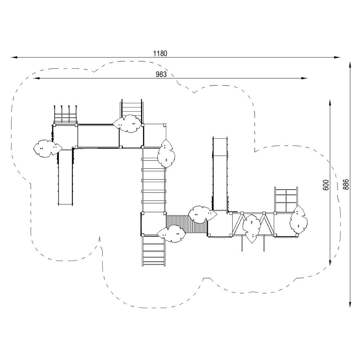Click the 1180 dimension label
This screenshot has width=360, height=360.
point(160,54)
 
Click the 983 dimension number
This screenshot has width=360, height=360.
point(161,74)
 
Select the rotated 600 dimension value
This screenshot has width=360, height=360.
point(325,185)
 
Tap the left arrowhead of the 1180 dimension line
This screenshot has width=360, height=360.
point(14,57)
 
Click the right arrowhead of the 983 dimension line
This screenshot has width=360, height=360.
point(304,78)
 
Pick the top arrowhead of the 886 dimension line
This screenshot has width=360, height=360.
point(350,66)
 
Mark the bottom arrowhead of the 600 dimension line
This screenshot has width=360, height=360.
point(330,262)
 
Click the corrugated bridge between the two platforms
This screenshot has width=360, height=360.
point(187,226)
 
